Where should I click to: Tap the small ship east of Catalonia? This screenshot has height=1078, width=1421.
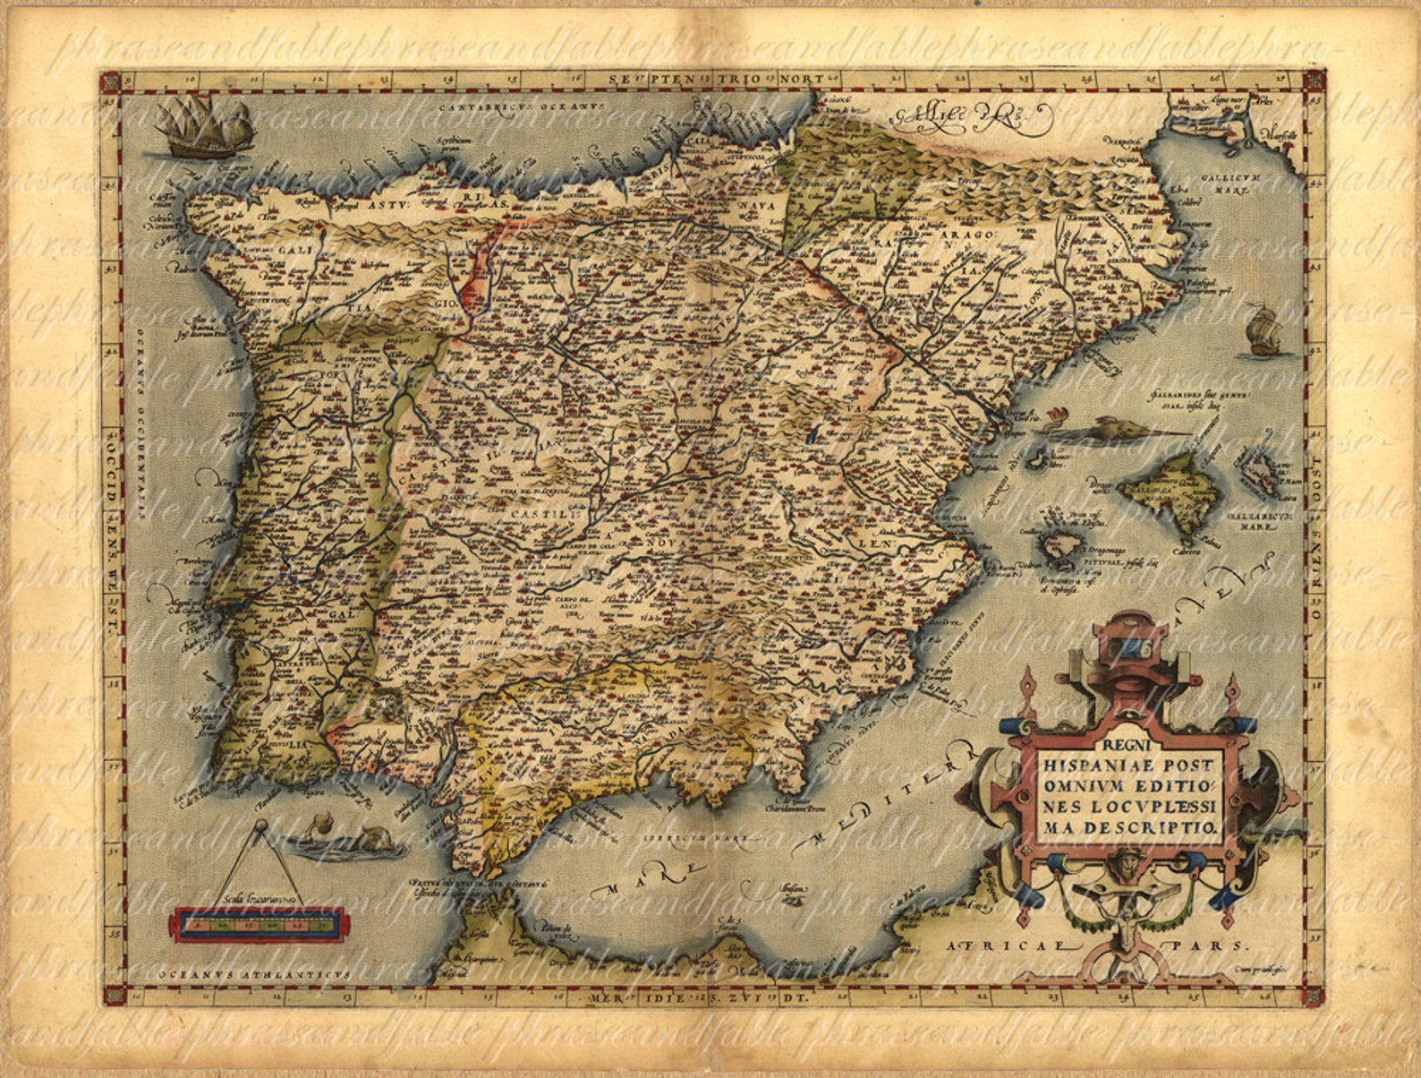coord(1264,329)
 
